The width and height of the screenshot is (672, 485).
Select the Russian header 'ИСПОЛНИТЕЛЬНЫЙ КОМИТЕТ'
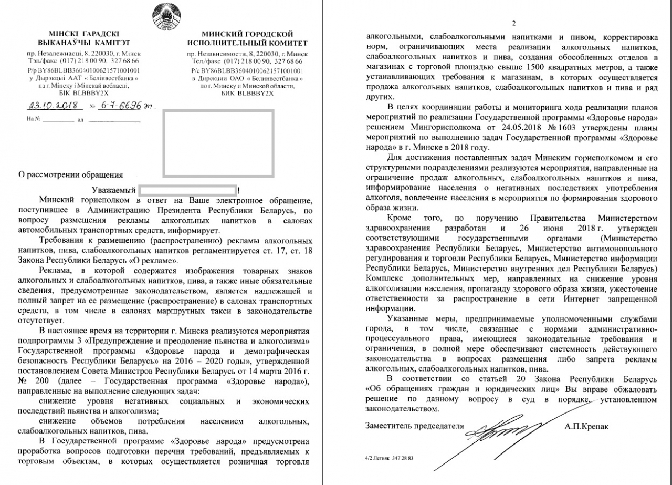click(x=247, y=43)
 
